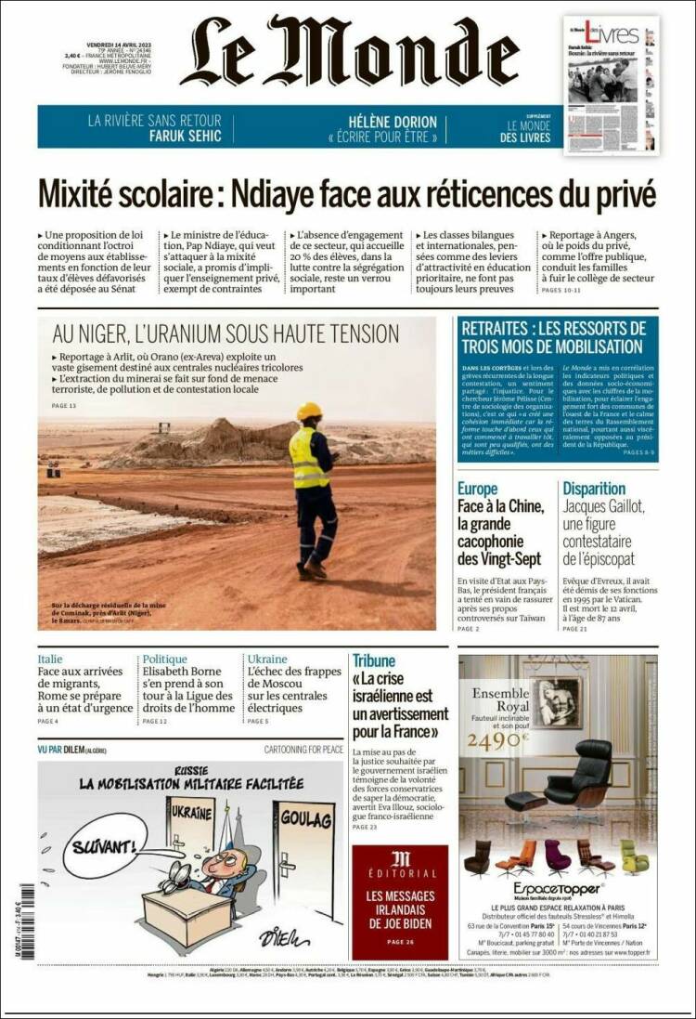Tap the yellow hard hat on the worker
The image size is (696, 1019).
pyautogui.click(x=309, y=411)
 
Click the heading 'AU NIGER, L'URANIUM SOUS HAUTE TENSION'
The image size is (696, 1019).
pyautogui.click(x=226, y=333)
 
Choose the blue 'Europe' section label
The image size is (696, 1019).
pyautogui.click(x=477, y=489)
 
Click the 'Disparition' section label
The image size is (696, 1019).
pyautogui.click(x=594, y=489)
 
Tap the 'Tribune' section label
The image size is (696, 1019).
pyautogui.click(x=373, y=660)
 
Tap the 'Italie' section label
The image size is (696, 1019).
pyautogui.click(x=50, y=660)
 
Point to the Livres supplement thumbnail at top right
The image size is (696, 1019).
pyautogui.click(x=611, y=85)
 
